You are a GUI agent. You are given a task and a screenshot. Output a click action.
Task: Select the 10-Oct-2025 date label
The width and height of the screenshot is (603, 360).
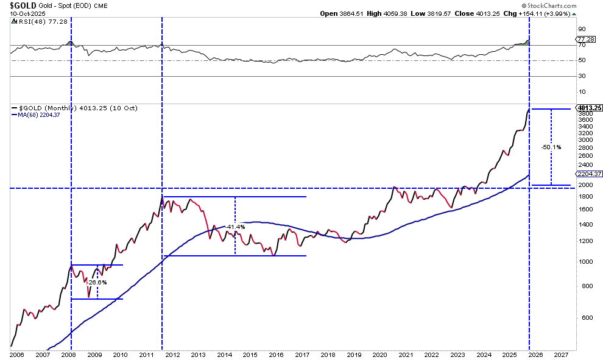(22, 13)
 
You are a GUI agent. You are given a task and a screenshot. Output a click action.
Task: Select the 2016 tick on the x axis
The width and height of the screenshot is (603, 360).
(277, 355)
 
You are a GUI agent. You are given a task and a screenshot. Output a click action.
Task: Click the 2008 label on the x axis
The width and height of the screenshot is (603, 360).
(68, 355)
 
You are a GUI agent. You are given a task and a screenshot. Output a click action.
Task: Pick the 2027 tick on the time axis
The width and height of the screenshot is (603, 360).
(562, 355)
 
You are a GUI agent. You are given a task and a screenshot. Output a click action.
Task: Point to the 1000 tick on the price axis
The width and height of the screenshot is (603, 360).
(583, 262)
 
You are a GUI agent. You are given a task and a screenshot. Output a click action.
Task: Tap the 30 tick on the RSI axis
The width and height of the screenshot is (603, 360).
(581, 76)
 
